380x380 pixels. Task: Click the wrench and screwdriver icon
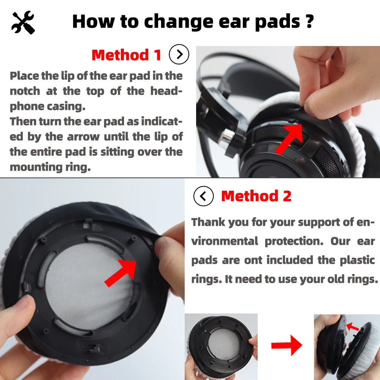coord(23,22)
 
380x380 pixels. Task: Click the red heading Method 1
coord(127,55)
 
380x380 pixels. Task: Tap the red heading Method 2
coord(256,196)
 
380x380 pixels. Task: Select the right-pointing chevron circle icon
coord(179,55)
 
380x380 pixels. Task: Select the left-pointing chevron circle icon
coord(204,196)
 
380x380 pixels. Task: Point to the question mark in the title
coord(309,21)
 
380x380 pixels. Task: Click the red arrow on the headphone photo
coord(289,139)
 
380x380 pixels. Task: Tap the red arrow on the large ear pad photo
coord(121,272)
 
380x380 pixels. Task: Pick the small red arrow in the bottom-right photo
coord(353,326)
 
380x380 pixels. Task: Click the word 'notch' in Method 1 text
coord(25,91)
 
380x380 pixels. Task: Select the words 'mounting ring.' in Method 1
coord(50,167)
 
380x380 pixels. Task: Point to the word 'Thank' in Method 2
coord(208,222)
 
